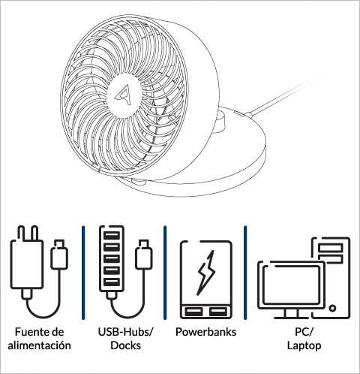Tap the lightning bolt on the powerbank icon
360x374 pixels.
click(206, 273)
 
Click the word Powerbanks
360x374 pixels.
click(205, 332)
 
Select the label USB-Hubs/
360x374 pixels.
click(126, 332)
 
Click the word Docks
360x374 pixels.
click(126, 345)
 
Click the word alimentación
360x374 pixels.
click(39, 345)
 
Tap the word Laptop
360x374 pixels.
click(304, 345)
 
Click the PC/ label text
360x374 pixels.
click(304, 332)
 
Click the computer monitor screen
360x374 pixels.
click(291, 284)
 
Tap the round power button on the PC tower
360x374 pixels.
click(332, 308)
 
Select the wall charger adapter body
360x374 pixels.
click(27, 264)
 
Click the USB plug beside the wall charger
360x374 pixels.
click(59, 255)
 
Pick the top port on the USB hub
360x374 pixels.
click(112, 236)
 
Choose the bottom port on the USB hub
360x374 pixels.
click(112, 282)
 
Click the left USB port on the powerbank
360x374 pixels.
click(193, 312)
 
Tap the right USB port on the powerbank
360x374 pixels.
click(218, 312)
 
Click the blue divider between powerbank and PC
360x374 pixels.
click(245, 273)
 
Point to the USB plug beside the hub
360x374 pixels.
click(144, 255)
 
